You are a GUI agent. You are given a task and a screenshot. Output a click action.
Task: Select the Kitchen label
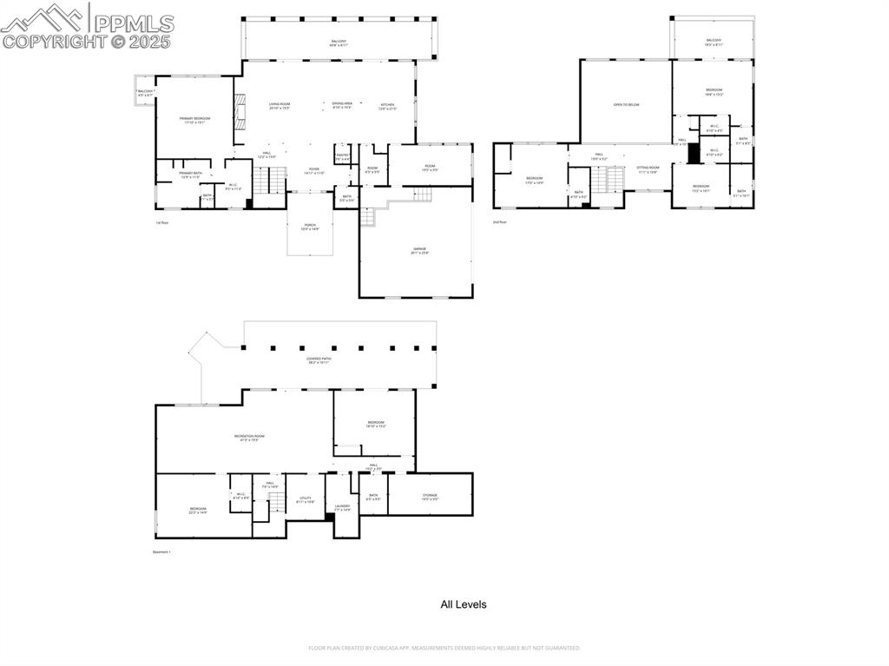[x=387, y=105]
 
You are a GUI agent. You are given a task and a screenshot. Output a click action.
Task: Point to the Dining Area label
[x=342, y=104]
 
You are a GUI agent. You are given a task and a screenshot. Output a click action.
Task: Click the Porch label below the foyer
[x=310, y=227]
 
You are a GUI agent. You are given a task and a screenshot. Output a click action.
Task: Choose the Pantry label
[x=343, y=156]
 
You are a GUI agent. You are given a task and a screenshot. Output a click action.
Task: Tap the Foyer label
[x=313, y=170]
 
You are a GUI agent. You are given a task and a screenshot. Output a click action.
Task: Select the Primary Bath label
[x=191, y=175]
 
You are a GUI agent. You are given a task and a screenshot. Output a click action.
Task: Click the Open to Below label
[x=626, y=104]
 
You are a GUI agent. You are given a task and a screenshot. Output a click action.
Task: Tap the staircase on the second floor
[x=608, y=180]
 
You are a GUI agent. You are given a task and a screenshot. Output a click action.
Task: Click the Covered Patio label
[x=319, y=359]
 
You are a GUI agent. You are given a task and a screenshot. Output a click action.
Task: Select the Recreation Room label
[x=249, y=438]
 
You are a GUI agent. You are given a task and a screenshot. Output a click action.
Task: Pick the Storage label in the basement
[x=430, y=497]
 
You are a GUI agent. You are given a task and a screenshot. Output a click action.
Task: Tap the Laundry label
[x=342, y=507]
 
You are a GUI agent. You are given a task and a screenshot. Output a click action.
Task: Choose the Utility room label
[x=305, y=500]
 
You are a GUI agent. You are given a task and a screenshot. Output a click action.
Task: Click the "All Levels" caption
[x=464, y=604]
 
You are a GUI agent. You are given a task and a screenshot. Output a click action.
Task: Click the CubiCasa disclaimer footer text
[x=444, y=648]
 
